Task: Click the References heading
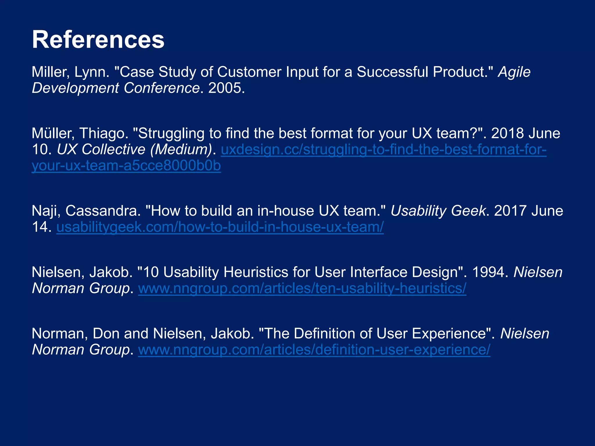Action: click(98, 39)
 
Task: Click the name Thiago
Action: click(103, 134)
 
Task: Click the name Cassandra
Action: click(103, 211)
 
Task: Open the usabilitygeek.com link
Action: click(220, 227)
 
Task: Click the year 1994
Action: click(490, 272)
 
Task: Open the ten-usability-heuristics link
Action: click(302, 288)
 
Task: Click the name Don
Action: click(106, 334)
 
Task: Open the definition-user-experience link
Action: click(314, 350)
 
